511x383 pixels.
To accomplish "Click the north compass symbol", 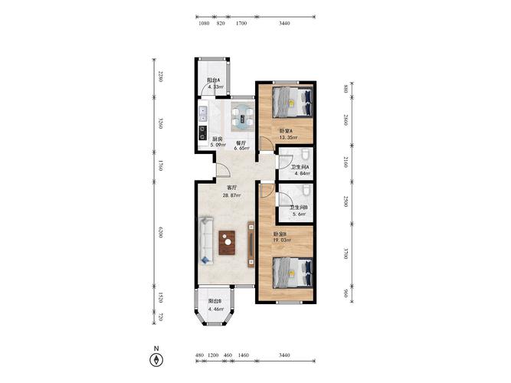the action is pos(156,360).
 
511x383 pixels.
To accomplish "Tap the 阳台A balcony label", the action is pos(214,80).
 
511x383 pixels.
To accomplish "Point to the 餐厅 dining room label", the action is pos(241,142).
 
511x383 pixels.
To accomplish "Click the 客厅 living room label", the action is pos(231,188).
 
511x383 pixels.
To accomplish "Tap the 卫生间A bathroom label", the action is pos(300,167).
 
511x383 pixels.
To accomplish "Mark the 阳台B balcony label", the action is pos(215,301).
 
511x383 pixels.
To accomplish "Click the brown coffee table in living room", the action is pos(227,243).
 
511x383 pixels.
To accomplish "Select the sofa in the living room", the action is pos(206,241).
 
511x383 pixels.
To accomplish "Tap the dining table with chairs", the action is pos(243,117).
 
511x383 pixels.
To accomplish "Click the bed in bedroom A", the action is pos(293,103).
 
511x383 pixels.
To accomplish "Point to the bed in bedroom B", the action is pos(293,273).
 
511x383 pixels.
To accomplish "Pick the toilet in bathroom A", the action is pos(305,155).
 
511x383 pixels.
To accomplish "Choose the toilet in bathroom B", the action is pos(306,191).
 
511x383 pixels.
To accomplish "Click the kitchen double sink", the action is pos(203,114).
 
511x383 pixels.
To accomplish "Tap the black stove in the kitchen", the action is pos(203,133).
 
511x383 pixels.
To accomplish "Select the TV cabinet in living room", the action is pos(251,244).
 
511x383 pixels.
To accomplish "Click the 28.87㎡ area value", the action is pos(231,195).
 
